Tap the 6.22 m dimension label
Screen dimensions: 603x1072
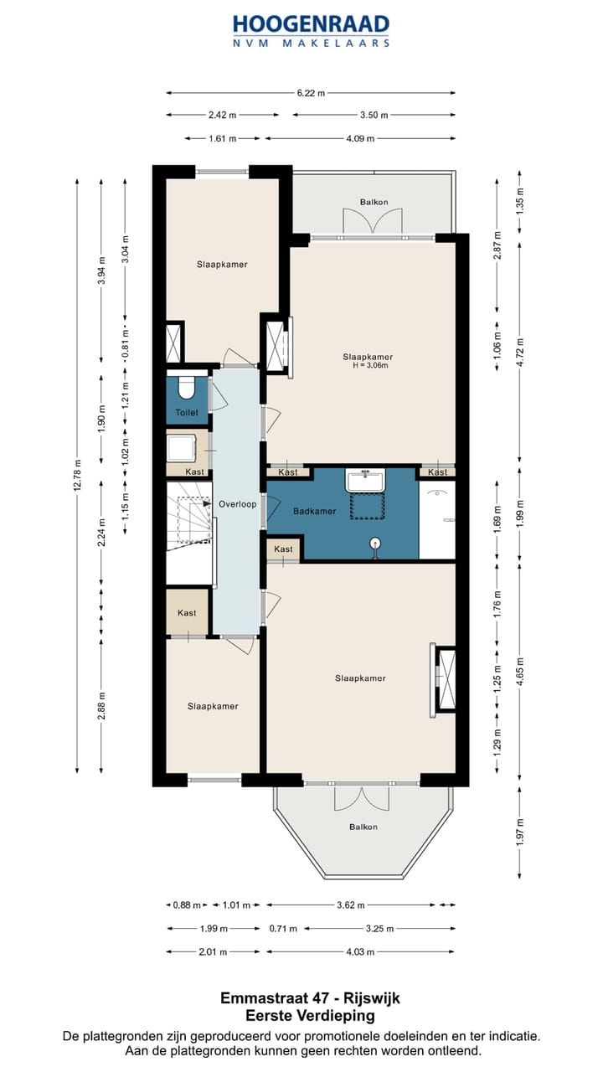click(311, 93)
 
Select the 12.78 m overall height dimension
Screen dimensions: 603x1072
click(78, 475)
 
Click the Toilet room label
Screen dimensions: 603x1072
click(187, 413)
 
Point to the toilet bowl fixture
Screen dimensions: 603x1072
click(186, 386)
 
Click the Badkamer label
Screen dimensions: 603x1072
click(314, 511)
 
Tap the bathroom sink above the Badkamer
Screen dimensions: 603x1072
click(366, 480)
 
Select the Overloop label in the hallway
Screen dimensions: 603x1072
click(237, 504)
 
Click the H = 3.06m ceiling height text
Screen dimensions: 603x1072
click(370, 366)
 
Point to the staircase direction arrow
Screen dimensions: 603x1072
click(207, 503)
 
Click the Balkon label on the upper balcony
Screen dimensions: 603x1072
click(374, 202)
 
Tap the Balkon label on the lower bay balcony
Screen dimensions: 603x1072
click(363, 827)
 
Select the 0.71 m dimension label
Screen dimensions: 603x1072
click(283, 929)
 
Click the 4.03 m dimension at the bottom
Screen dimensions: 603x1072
click(360, 952)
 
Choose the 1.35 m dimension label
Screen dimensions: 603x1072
click(520, 201)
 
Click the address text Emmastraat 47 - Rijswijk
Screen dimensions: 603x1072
click(310, 997)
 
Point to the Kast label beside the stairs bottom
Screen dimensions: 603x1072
click(187, 612)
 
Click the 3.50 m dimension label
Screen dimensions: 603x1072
click(374, 115)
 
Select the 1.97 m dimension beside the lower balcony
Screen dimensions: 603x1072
click(520, 832)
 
